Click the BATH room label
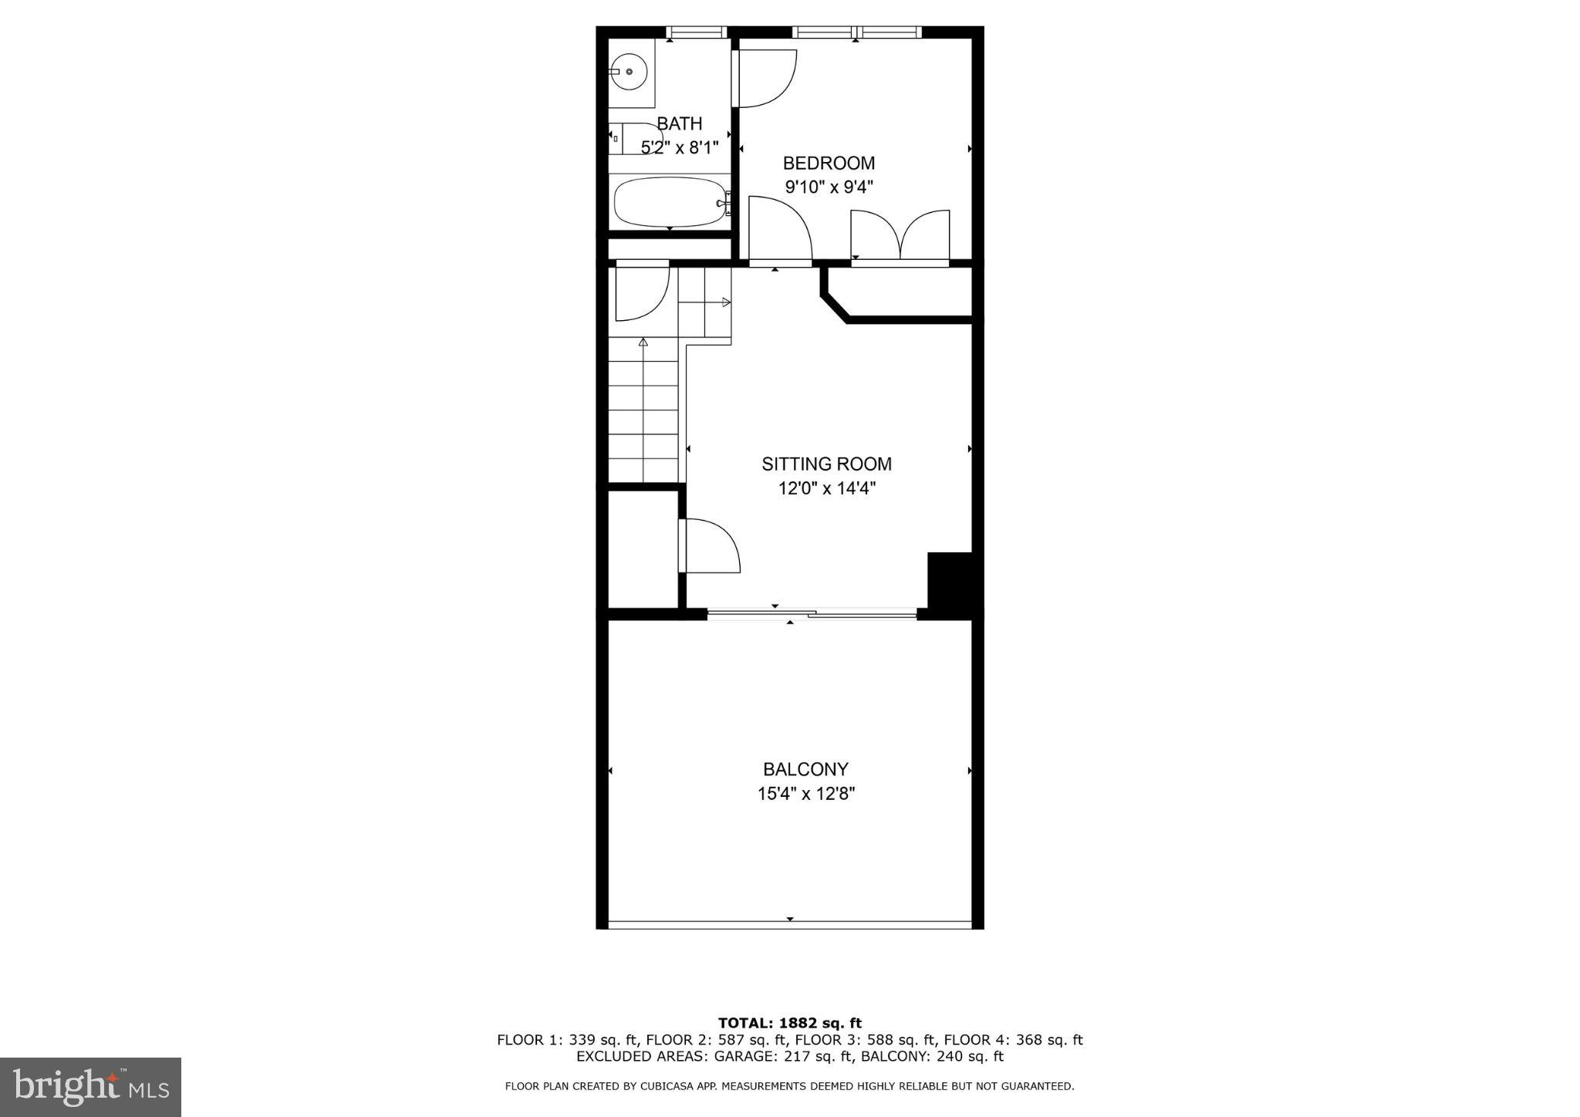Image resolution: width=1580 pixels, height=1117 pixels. [x=679, y=123]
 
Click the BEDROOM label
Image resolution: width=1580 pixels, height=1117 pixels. [x=829, y=164]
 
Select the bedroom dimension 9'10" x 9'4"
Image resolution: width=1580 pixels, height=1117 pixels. [x=829, y=187]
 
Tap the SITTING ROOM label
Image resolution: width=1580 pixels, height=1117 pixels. [x=826, y=464]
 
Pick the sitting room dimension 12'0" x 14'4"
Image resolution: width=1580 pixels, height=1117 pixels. [x=826, y=488]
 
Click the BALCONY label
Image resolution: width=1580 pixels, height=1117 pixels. [x=805, y=769]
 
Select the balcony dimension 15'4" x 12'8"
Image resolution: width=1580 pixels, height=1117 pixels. [x=805, y=794]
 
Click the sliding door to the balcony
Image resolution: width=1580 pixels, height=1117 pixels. [x=812, y=614]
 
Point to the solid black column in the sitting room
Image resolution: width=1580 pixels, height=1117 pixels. [x=949, y=580]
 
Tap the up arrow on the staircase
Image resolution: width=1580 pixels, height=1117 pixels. [x=643, y=342]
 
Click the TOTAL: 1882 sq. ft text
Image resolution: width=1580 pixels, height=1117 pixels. [x=789, y=1024]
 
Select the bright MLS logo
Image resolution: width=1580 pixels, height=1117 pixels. [x=90, y=1087]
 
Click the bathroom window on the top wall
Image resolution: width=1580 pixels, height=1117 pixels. [x=697, y=32]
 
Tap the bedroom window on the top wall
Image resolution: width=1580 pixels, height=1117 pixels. [x=856, y=32]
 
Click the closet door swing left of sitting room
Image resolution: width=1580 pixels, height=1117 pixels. [x=710, y=545]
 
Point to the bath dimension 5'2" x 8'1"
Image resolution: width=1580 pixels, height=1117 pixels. [x=679, y=147]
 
